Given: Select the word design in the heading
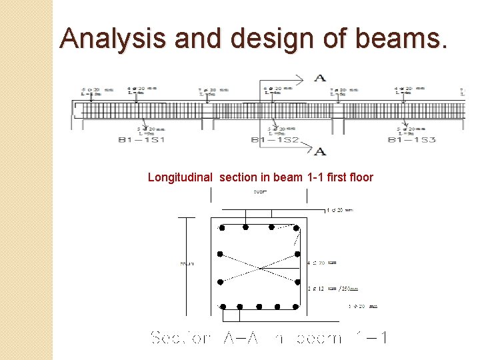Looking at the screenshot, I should point(257,38).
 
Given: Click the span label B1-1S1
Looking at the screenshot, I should point(141,140).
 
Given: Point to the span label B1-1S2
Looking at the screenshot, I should point(275,140).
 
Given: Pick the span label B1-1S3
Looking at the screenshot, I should point(411,140).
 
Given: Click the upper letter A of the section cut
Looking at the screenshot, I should point(320,78).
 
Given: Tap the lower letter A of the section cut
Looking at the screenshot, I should point(320,151).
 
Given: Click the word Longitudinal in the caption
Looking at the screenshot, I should point(180,177).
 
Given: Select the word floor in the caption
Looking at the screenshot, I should point(359,177).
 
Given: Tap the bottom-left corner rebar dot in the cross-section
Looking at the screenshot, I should point(223,307).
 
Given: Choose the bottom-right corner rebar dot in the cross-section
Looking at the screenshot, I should point(296,307).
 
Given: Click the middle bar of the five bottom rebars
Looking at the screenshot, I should point(259,307).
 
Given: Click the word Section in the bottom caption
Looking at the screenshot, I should point(181,338).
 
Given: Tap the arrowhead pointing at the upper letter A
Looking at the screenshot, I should point(303,79).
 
